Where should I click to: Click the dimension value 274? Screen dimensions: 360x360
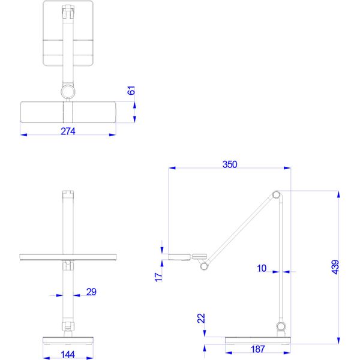pyautogui.click(x=68, y=131)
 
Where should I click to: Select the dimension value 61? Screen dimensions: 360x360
pyautogui.click(x=132, y=92)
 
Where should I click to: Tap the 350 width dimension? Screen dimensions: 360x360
pyautogui.click(x=229, y=164)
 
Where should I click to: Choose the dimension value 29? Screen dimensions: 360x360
pyautogui.click(x=91, y=292)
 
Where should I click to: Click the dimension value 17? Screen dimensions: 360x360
pyautogui.click(x=158, y=277)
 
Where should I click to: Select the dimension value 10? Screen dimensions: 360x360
pyautogui.click(x=262, y=268)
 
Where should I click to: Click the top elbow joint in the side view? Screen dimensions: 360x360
pyautogui.click(x=276, y=194)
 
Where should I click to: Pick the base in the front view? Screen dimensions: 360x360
pyautogui.click(x=68, y=340)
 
